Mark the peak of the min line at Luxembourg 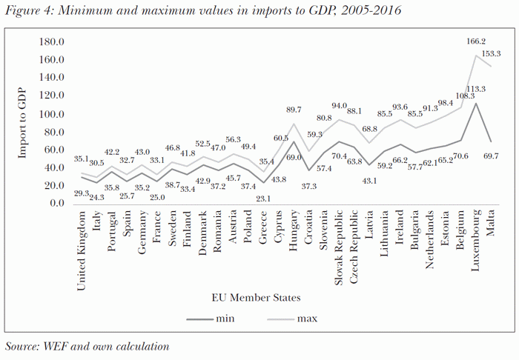(475, 103)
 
